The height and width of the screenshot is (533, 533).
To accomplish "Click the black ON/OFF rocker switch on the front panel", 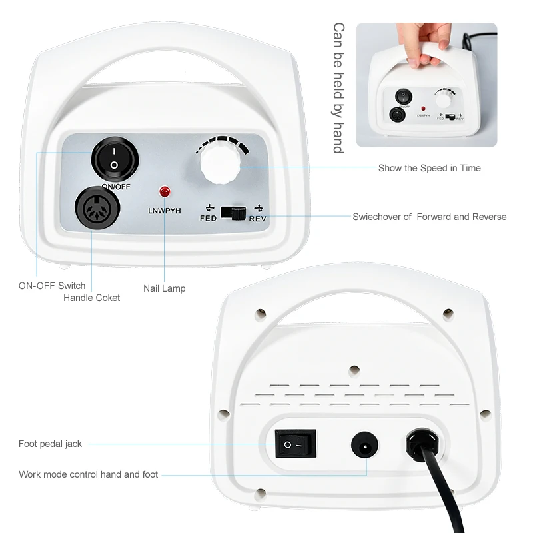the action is click(115, 160).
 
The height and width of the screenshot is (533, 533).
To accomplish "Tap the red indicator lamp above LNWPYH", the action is click(164, 192).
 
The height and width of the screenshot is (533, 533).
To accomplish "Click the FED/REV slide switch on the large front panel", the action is click(233, 213).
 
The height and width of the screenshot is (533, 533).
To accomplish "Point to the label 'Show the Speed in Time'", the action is click(429, 168).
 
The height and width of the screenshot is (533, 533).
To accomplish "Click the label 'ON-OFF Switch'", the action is click(51, 286).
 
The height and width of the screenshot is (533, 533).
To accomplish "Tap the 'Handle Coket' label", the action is click(92, 298).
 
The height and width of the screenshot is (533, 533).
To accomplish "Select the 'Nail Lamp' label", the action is click(164, 288).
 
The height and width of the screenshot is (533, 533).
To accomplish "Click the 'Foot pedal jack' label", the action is click(50, 444).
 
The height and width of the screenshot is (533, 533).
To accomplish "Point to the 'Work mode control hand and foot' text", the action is click(89, 474).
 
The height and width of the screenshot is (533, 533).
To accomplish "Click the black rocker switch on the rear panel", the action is click(295, 444).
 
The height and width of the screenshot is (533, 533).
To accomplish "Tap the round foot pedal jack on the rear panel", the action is click(364, 444).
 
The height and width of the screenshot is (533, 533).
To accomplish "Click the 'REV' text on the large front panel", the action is click(258, 218).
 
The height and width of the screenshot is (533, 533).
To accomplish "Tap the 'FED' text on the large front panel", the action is click(208, 218).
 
